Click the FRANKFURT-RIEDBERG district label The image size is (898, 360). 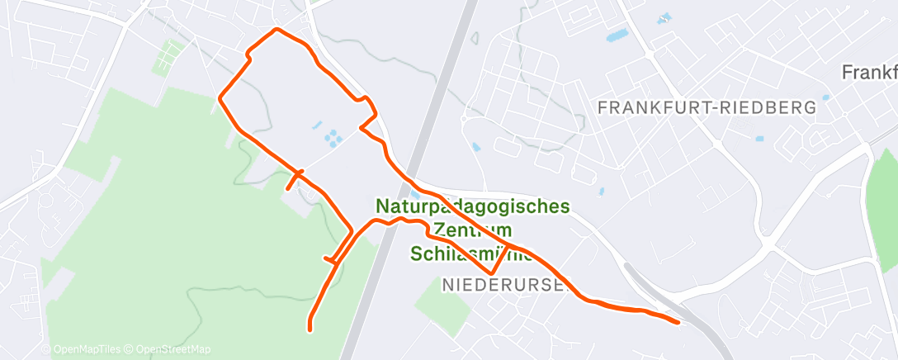tap(707, 107)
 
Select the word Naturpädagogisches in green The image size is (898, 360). tap(472, 206)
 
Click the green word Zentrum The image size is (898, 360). tap(473, 230)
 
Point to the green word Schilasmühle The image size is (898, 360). tap(470, 253)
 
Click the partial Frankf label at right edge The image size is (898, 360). tap(868, 73)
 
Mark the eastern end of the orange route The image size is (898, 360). tap(678, 322)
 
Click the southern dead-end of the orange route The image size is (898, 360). tap(310, 329)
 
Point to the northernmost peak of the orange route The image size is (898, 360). tap(276, 30)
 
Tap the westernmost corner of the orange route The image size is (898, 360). tap(220, 98)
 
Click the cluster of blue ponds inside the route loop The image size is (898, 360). tap(330, 137)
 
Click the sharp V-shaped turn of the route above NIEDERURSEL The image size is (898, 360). tap(491, 272)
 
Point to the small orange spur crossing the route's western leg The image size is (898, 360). tap(294, 181)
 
